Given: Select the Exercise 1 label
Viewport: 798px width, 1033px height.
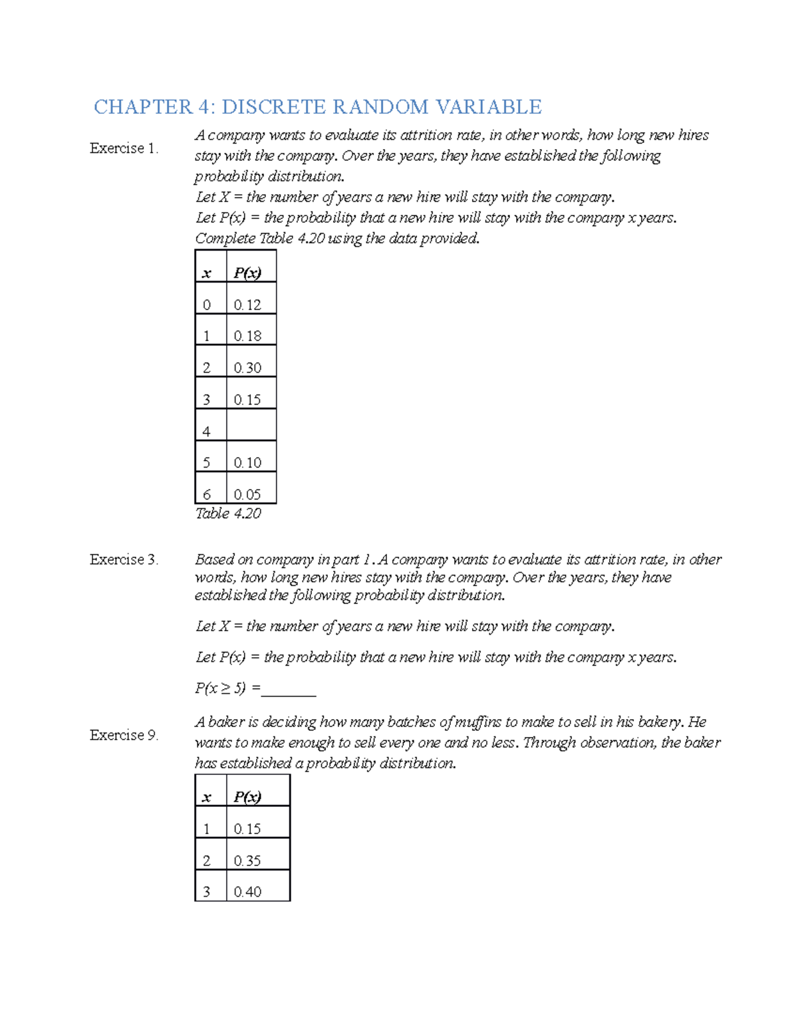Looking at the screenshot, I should point(124,148).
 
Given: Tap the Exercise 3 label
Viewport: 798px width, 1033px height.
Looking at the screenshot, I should point(124,559).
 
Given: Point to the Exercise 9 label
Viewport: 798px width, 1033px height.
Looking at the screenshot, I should point(124,735).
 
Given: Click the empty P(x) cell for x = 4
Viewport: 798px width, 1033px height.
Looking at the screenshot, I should point(251,426).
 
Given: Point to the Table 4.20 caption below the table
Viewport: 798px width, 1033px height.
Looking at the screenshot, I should point(227,514).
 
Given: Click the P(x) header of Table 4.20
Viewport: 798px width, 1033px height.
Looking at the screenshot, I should point(247,273).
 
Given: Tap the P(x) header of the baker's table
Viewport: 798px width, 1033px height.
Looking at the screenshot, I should point(247,797).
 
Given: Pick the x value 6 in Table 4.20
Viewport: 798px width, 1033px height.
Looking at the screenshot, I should point(207,494).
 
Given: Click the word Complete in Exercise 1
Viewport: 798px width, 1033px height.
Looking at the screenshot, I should point(225,238).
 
